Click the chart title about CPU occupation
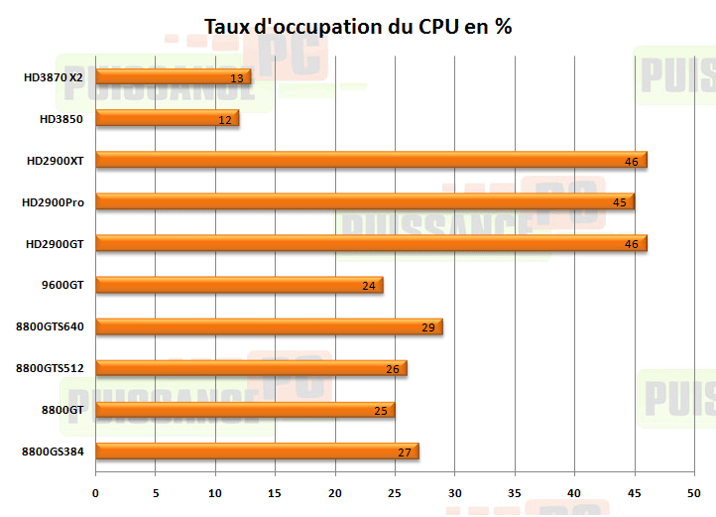point(357,26)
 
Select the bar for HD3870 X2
point(174,76)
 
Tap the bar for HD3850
point(168,119)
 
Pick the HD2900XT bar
point(371,160)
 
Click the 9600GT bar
point(239,286)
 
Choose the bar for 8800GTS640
point(269,326)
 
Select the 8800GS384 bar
point(257,452)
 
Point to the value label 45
point(619,202)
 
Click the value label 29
point(428,327)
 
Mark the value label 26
point(393,369)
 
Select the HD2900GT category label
point(55,244)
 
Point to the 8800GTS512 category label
point(50,368)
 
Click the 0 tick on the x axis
point(96,492)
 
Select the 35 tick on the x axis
point(514,492)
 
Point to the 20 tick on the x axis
point(335,492)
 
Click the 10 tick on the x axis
point(215,492)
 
